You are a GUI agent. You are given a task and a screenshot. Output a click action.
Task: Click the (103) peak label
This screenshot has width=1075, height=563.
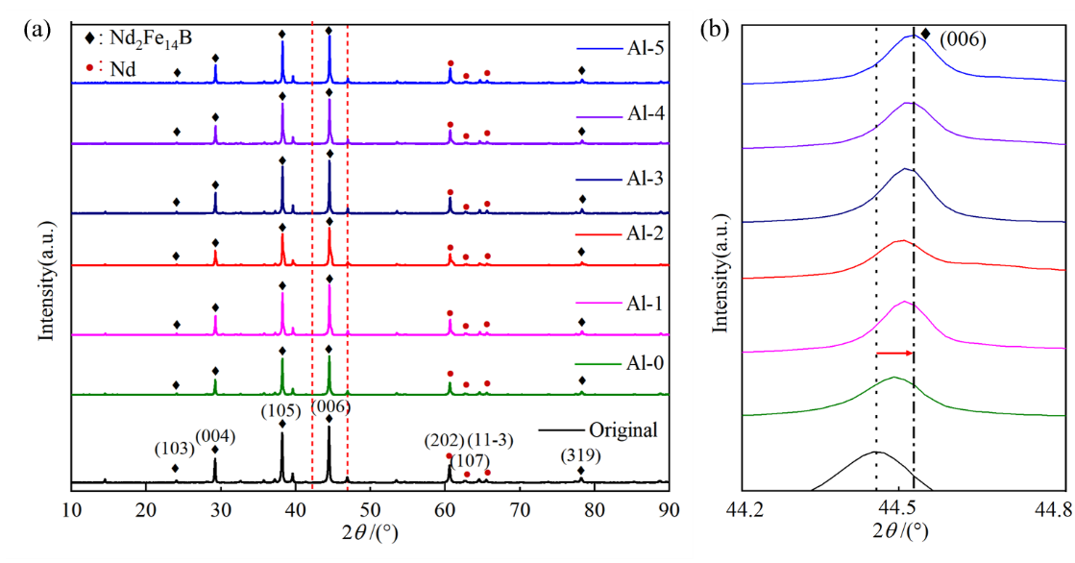[173, 449]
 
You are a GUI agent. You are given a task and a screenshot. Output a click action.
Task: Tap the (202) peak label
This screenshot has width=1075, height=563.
[447, 440]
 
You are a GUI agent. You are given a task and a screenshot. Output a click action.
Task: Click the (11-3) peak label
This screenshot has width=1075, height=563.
[492, 440]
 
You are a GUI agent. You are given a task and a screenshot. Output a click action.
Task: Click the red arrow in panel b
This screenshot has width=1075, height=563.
[894, 354]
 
